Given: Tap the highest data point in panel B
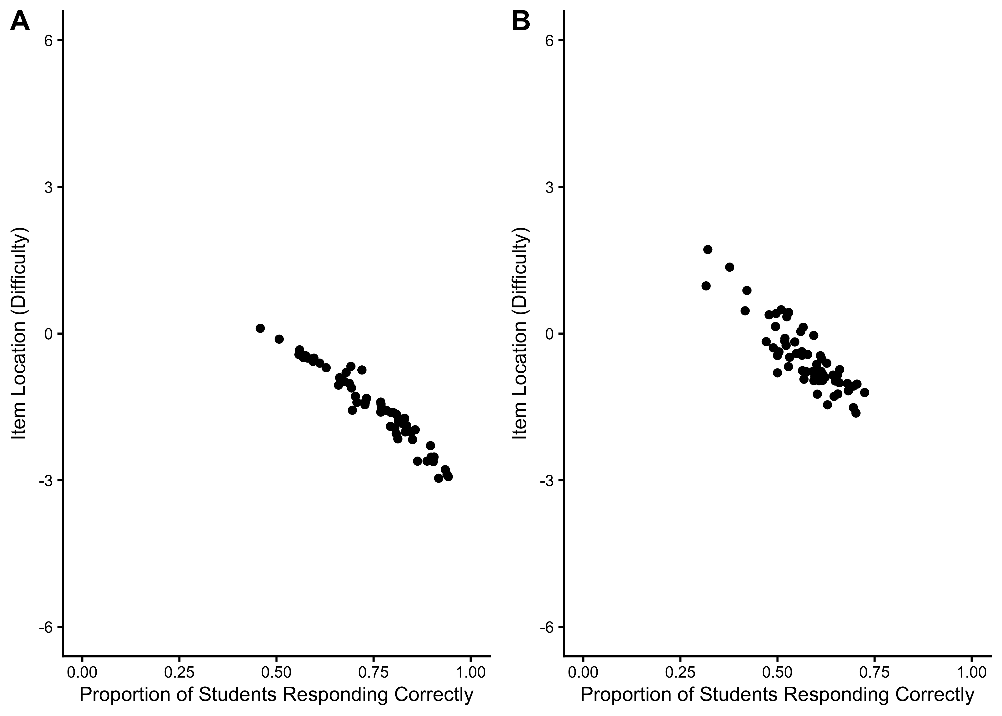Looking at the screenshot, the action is click(x=708, y=250).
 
